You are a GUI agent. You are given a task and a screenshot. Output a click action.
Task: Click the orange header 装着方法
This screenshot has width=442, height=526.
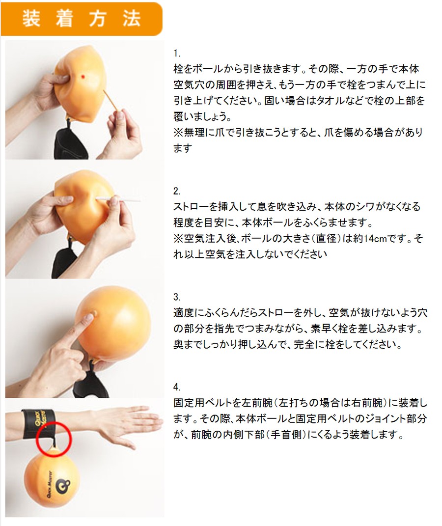(x=82, y=19)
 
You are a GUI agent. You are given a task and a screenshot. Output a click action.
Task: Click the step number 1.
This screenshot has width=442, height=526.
(x=177, y=54)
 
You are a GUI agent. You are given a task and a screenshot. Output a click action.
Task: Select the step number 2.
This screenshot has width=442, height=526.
(x=177, y=191)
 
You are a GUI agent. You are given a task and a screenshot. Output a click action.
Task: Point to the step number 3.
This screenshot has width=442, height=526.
(x=177, y=297)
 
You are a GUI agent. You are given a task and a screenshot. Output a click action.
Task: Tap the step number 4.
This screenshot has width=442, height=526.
(x=177, y=387)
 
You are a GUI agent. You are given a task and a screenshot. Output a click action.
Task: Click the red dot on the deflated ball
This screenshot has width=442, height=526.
(x=83, y=77)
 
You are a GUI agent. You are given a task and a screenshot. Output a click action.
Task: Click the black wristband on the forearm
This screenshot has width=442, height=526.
(x=37, y=424)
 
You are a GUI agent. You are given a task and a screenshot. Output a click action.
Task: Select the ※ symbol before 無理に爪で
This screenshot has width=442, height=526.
(x=178, y=133)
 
